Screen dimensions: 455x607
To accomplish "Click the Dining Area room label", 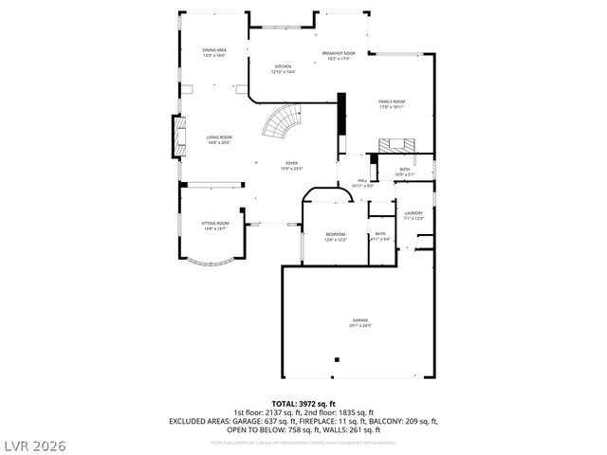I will point(213,49).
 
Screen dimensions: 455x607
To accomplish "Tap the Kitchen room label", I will point(283,66).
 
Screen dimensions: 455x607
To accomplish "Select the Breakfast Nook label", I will point(338,53).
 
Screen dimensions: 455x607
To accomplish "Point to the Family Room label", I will point(392,101).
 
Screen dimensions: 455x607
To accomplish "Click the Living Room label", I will point(219,137).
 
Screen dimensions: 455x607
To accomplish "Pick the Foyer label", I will point(290,163).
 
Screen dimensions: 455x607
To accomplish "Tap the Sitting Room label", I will point(213,224).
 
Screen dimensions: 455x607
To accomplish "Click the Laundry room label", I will point(414,213).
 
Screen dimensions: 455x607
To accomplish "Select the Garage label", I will point(360,320).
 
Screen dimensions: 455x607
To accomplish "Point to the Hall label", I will point(362,180).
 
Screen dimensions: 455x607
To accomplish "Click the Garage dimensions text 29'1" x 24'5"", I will point(360,326).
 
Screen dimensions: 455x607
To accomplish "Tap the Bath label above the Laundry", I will point(404,170).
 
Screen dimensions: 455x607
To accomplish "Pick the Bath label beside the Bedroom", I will point(380,233).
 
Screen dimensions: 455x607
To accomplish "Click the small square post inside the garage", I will point(337,359).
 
